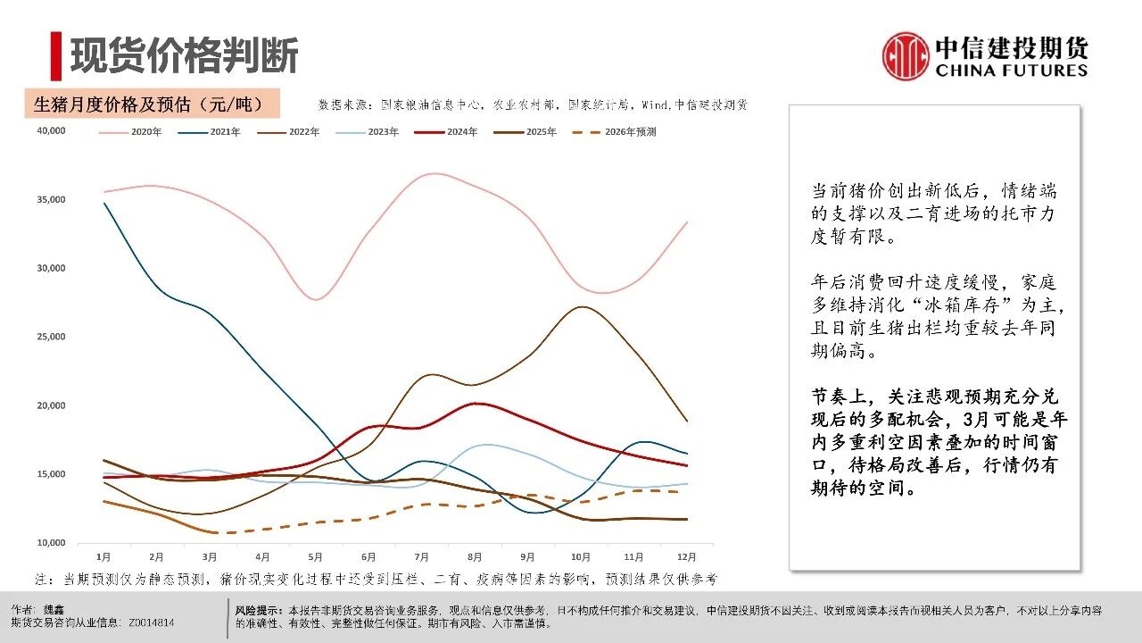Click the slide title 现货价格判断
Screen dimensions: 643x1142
click(184, 55)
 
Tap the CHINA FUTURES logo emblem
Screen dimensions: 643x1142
click(906, 56)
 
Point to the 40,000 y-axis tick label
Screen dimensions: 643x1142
click(52, 130)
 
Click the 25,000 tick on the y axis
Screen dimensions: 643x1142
click(52, 337)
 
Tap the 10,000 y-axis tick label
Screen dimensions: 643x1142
click(52, 543)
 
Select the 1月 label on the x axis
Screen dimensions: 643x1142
click(103, 557)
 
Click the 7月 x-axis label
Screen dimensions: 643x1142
click(424, 557)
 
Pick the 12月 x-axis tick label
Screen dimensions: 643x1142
click(687, 557)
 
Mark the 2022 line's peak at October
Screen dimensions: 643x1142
click(583, 307)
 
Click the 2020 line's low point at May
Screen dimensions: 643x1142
click(317, 299)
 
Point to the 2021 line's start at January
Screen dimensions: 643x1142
click(105, 204)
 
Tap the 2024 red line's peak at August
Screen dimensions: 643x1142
click(478, 404)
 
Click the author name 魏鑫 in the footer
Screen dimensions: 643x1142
click(55, 609)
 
